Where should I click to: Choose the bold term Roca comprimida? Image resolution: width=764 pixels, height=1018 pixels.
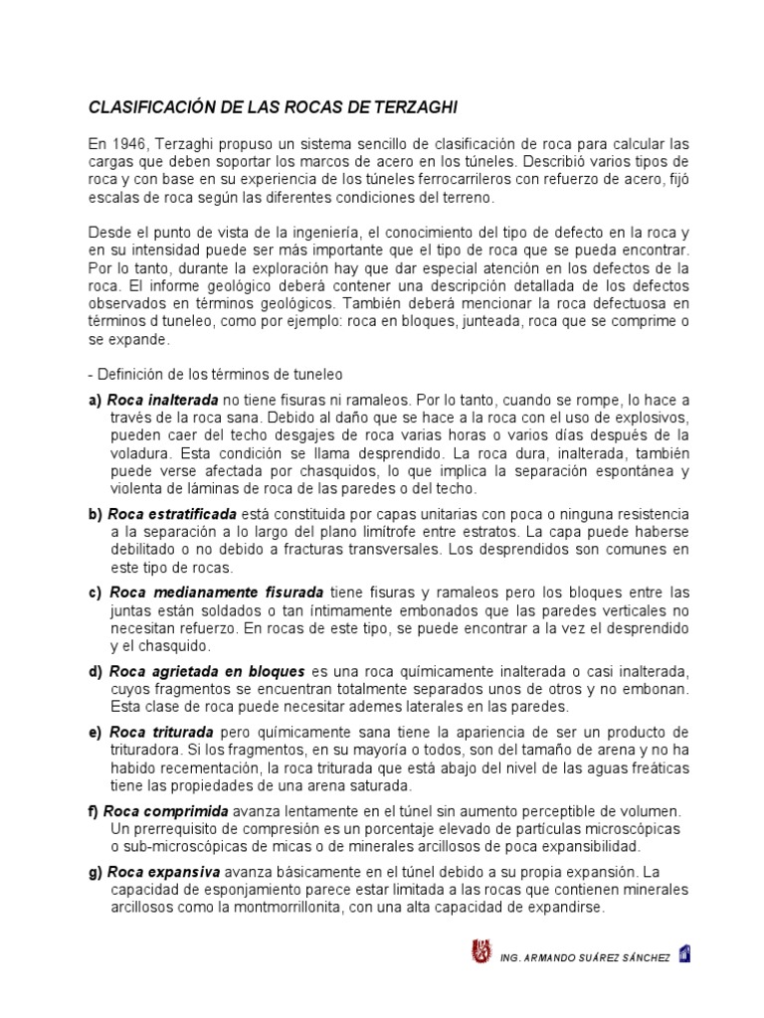point(166,811)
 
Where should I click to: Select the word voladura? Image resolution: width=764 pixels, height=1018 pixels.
point(140,451)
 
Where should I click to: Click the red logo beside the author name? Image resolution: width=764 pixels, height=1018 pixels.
point(478,953)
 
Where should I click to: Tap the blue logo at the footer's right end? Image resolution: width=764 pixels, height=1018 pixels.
point(684,953)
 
